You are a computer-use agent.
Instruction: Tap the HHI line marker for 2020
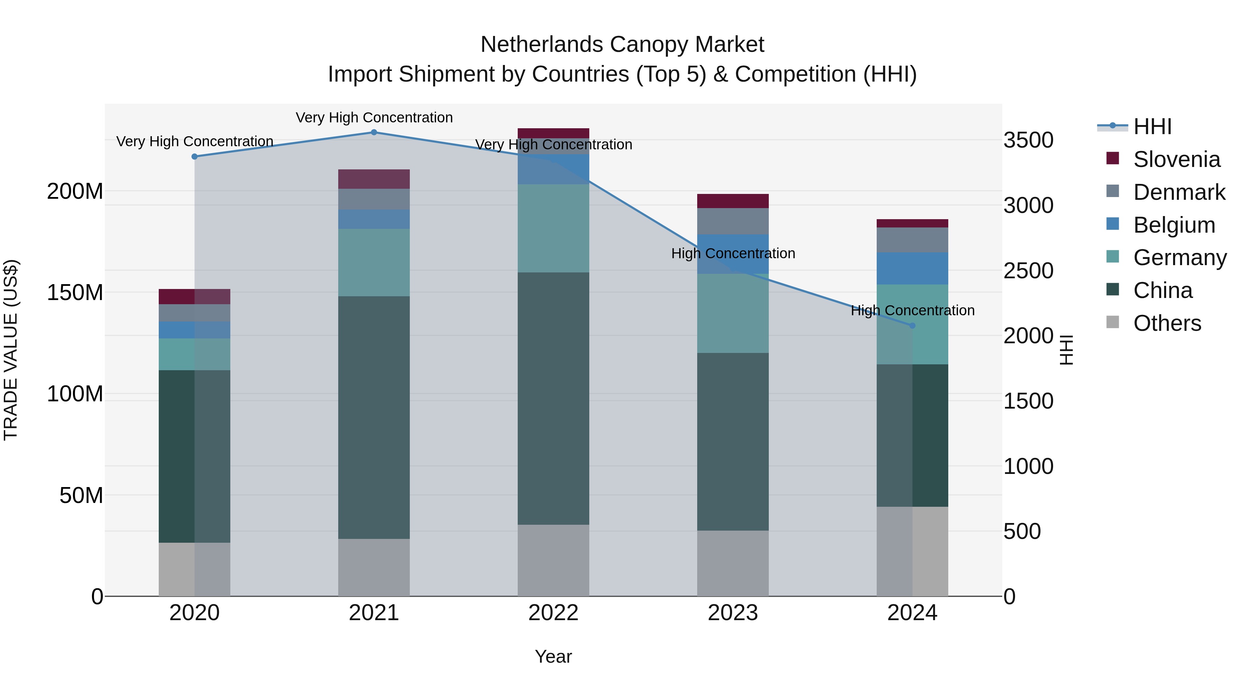point(195,157)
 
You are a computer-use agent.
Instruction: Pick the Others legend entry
point(1167,323)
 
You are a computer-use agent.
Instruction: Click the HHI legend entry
point(1152,127)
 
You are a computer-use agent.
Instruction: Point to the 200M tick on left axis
point(75,191)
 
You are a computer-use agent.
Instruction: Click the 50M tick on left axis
point(81,495)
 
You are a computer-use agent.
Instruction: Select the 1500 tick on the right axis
point(1028,401)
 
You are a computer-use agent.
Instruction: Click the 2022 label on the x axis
point(553,613)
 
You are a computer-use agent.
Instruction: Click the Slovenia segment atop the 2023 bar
point(733,201)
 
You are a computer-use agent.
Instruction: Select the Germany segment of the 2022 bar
point(553,228)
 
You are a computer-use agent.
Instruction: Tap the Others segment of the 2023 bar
point(733,563)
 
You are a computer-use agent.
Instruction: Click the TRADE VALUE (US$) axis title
point(11,350)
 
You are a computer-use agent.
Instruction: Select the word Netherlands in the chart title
point(541,45)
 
